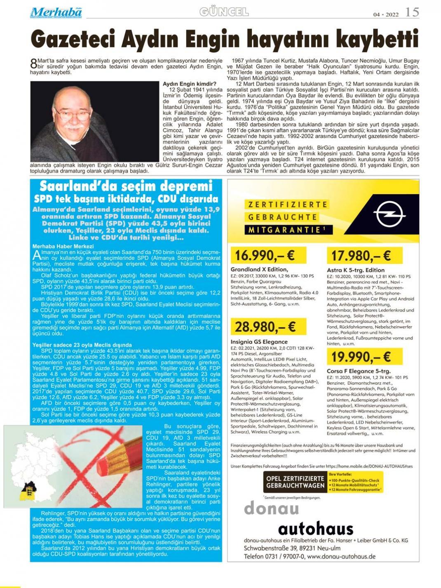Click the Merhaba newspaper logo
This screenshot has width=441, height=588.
(x=56, y=12)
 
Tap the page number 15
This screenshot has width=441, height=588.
(x=412, y=12)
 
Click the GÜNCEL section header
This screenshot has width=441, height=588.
(x=224, y=12)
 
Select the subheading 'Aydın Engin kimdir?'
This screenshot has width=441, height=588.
(x=189, y=84)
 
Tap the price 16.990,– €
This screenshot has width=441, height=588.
(x=264, y=256)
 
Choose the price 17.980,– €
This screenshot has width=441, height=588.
(x=361, y=256)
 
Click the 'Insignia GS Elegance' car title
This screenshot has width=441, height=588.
(x=259, y=341)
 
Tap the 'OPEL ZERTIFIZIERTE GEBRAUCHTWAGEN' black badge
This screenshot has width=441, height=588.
(x=295, y=482)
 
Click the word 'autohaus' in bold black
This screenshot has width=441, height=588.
(x=316, y=528)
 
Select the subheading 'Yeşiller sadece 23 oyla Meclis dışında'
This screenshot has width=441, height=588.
(x=82, y=345)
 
